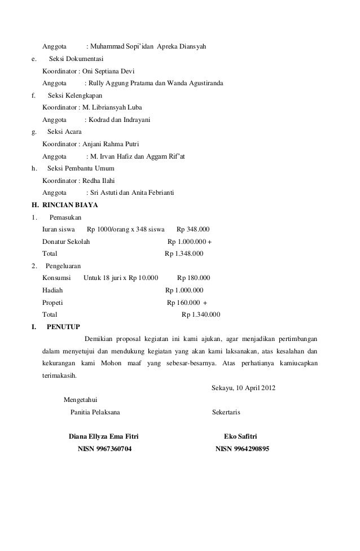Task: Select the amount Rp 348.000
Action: coord(193,230)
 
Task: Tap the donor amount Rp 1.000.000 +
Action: coord(191,242)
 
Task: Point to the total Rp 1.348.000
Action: coord(184,253)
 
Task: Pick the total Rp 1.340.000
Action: coord(201,314)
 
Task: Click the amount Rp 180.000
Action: coord(194,278)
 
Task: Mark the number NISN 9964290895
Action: coord(243,449)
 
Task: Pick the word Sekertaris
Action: coord(226,413)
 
